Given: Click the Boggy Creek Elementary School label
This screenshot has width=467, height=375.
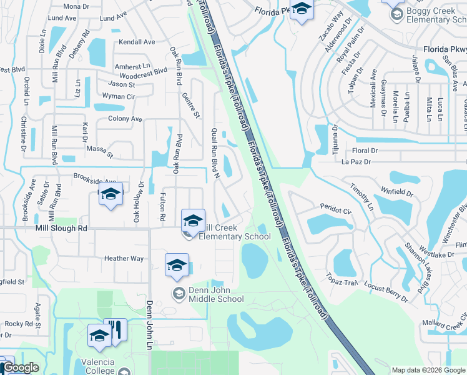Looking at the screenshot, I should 436,15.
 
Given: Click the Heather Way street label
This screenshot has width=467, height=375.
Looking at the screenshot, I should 124,259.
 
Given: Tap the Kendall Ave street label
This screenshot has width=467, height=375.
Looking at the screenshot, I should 137,42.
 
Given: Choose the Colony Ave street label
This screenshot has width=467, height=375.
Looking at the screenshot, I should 125,119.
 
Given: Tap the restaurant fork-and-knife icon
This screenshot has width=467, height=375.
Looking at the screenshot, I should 115,329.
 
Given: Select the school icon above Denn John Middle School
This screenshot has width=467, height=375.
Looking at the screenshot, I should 177,264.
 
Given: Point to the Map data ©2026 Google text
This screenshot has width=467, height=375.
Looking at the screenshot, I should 428,370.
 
